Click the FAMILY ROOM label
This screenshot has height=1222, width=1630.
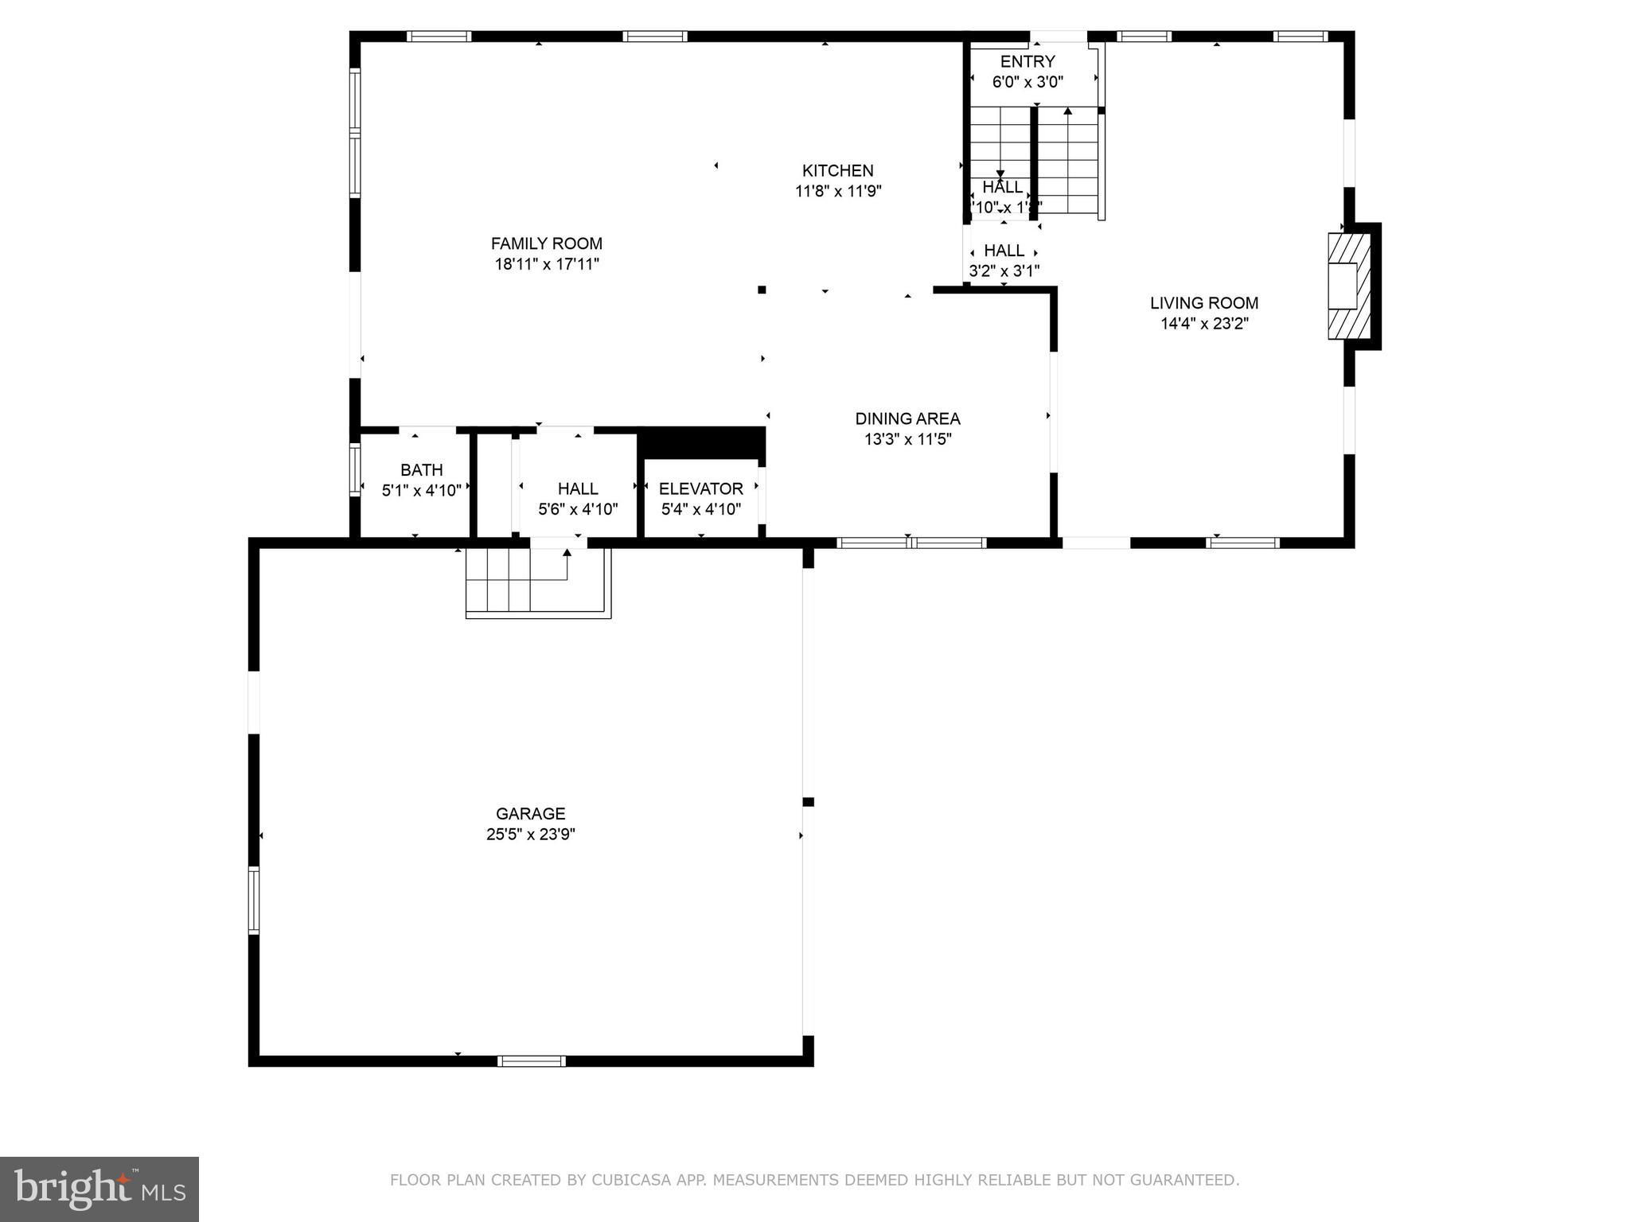tap(546, 243)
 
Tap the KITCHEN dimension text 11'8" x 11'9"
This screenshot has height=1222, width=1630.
tap(838, 191)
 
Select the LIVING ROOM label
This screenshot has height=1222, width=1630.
tap(1203, 303)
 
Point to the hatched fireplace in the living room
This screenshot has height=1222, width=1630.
tap(1348, 286)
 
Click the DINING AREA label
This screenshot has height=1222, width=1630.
tap(907, 418)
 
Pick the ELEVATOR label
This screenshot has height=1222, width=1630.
tap(700, 488)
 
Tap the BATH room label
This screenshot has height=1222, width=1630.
tap(421, 470)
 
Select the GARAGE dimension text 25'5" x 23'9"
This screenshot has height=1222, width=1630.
tap(530, 835)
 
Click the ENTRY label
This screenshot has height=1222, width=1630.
tap(1027, 62)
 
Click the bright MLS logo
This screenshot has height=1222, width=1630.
tap(99, 1189)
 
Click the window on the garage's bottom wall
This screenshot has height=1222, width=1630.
tap(531, 1060)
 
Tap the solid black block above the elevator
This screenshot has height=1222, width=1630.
tap(700, 442)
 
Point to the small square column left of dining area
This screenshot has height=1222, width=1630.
tap(762, 290)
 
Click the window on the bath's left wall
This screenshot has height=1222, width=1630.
tap(355, 471)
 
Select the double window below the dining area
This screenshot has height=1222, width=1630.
tap(911, 543)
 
